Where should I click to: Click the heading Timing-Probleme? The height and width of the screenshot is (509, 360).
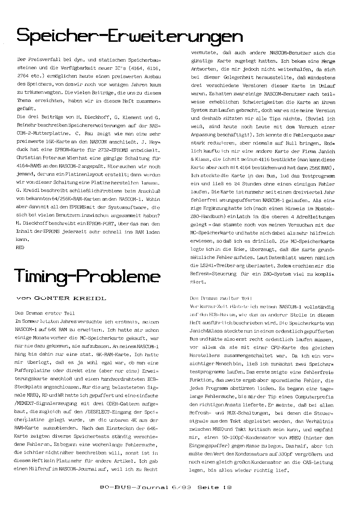click(87, 277)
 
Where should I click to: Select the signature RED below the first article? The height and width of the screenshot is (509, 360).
click(20, 248)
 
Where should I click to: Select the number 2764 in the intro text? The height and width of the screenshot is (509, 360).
click(23, 76)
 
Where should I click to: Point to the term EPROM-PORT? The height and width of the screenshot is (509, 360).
click(91, 224)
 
